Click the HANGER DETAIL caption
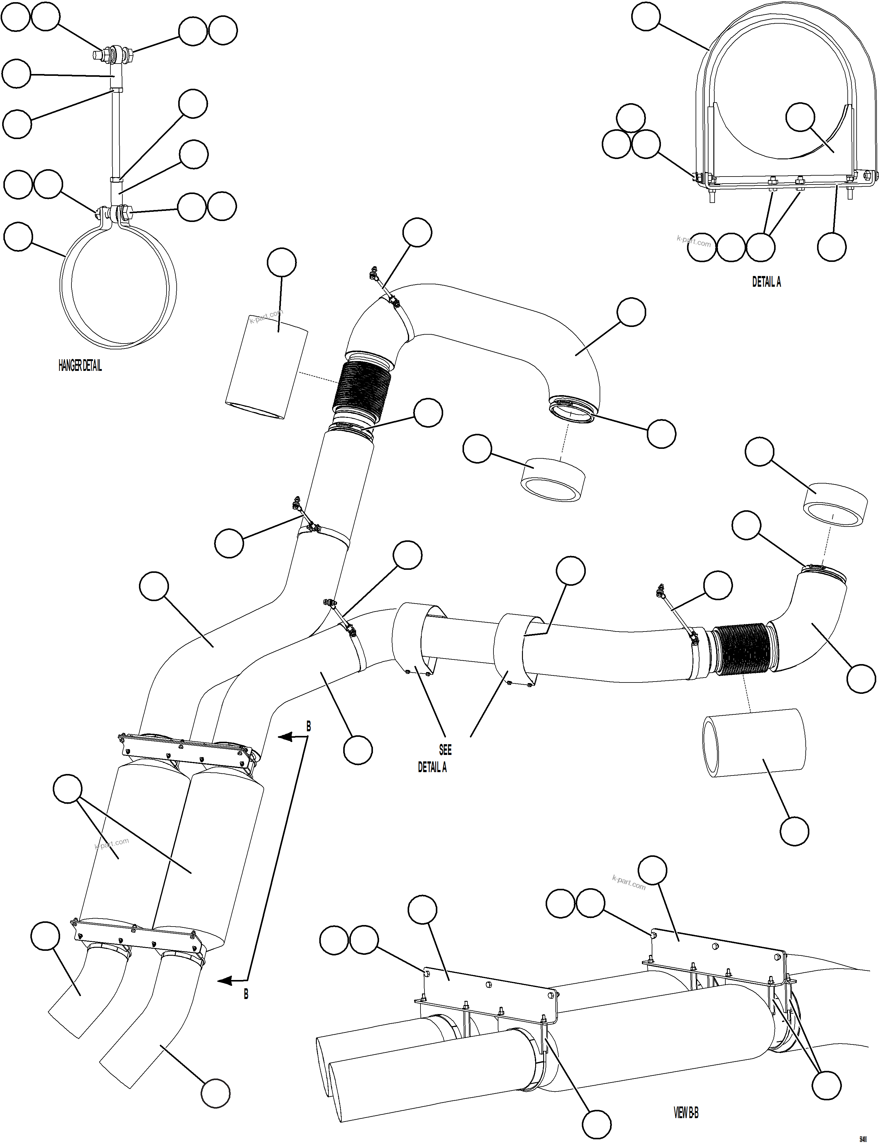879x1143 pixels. (x=80, y=366)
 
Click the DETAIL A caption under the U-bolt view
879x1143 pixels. (x=766, y=282)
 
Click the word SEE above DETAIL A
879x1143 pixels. (x=445, y=750)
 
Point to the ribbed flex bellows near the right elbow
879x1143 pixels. (x=743, y=649)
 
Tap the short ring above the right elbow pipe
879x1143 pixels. (x=835, y=504)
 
